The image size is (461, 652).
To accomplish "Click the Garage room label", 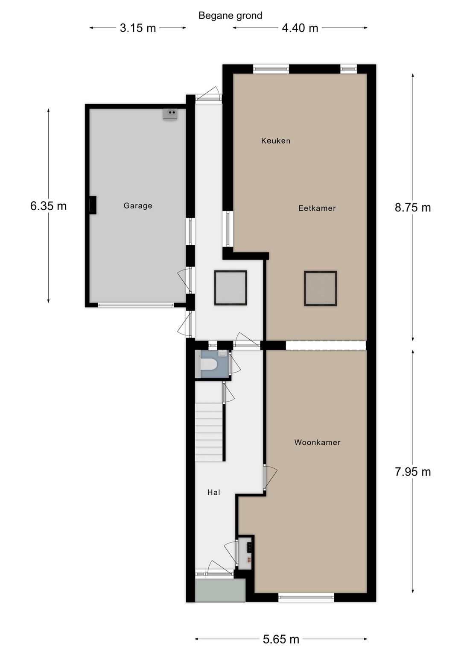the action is [x=137, y=206].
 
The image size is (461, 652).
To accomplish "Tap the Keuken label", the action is [x=276, y=141].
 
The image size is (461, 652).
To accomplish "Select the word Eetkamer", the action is [x=317, y=208].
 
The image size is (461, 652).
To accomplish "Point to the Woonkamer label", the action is [x=317, y=443].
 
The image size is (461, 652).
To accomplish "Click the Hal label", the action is [x=214, y=492].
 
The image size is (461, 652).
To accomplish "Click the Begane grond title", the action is [x=230, y=16].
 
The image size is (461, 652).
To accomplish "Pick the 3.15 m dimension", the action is [x=138, y=28].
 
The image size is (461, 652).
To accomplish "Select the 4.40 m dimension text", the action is [x=300, y=28].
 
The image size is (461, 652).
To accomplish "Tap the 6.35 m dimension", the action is [x=48, y=206].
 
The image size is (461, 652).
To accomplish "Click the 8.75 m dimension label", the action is [x=413, y=208].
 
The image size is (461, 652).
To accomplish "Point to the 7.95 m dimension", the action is [x=413, y=472].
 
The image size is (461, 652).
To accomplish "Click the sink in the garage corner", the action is [x=170, y=114].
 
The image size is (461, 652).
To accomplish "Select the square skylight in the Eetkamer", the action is [x=321, y=288].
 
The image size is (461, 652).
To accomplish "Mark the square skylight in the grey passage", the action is [x=230, y=288].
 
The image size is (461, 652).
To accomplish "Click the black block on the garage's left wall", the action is [x=93, y=205].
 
